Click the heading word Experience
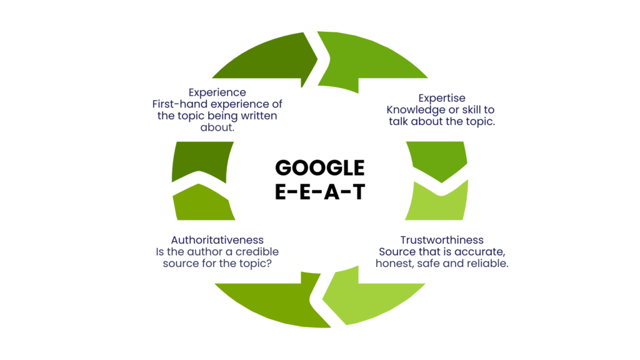tap(217, 93)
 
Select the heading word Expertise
tap(442, 99)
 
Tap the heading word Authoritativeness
tap(217, 240)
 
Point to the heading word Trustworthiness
tap(442, 240)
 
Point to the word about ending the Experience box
tap(217, 127)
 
